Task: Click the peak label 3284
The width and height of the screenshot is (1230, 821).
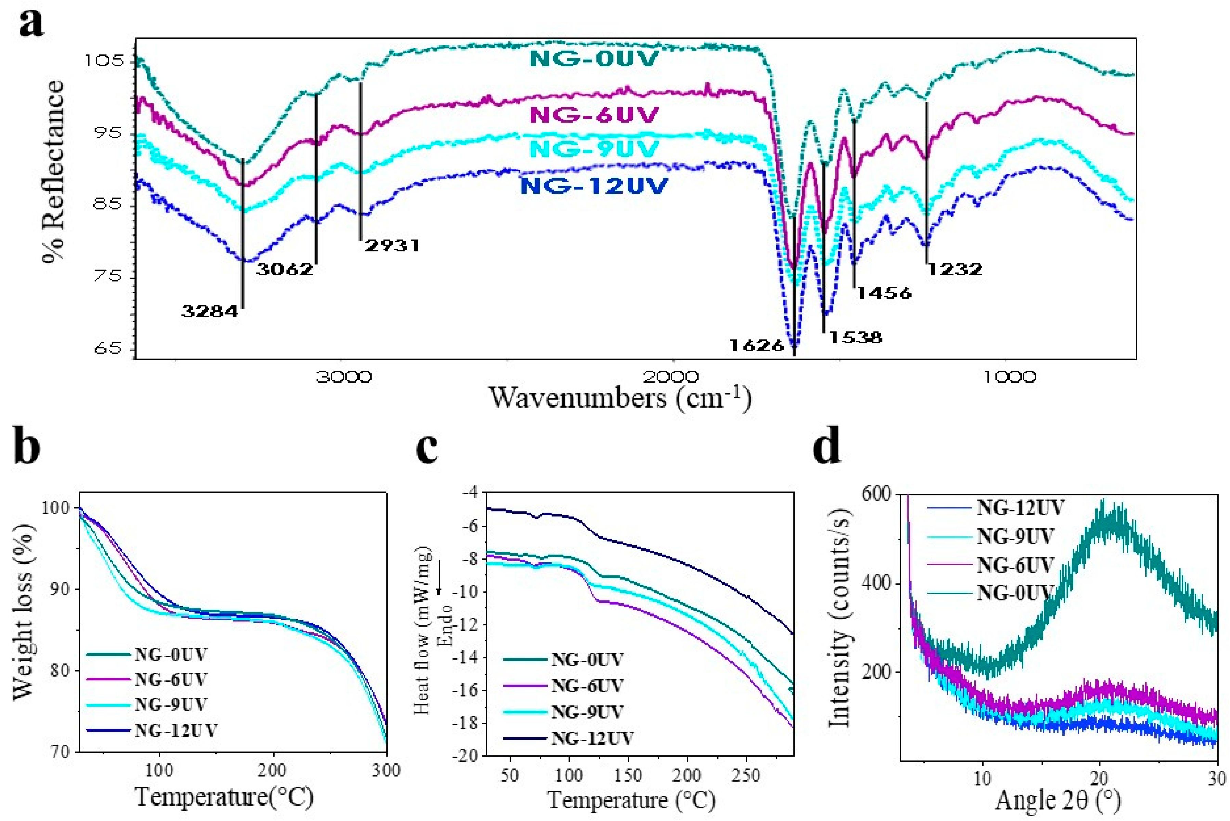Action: pos(209,312)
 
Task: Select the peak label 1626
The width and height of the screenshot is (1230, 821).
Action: pos(757,345)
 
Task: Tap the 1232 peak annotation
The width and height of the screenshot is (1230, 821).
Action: pos(955,269)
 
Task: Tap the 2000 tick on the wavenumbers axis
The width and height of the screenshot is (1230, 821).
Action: pos(672,377)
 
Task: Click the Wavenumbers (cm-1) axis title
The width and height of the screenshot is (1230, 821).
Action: pos(620,398)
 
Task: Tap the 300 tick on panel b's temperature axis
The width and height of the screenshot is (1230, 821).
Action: pos(387,770)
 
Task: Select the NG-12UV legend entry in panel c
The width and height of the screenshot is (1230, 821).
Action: pos(592,738)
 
